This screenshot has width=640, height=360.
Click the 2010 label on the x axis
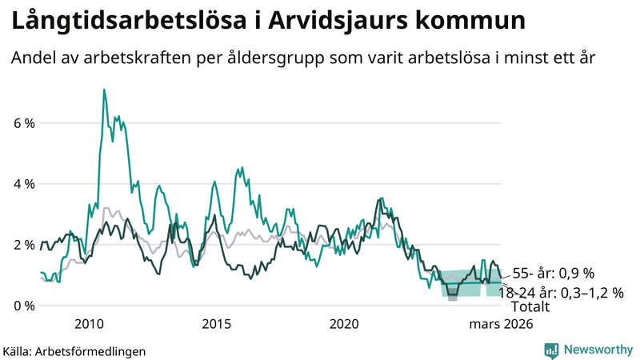(x=89, y=324)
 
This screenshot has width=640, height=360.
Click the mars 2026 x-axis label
(x=501, y=324)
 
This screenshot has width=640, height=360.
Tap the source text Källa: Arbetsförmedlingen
(x=74, y=350)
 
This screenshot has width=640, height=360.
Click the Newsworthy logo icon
(x=551, y=350)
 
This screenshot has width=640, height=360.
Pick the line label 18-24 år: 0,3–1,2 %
(x=561, y=293)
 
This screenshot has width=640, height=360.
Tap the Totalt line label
(x=530, y=306)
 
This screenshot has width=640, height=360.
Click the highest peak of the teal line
(x=104, y=90)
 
